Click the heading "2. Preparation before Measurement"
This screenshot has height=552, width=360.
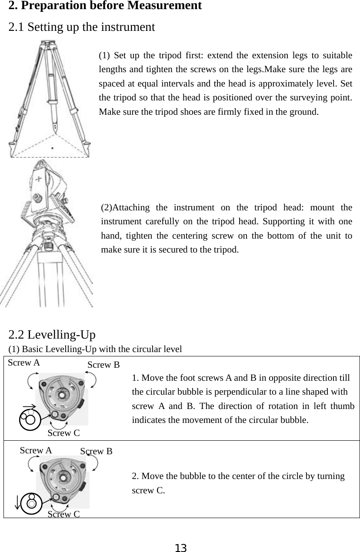tap(105, 6)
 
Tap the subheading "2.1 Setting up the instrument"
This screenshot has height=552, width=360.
tap(82, 27)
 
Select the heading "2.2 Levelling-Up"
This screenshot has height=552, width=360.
tap(52, 335)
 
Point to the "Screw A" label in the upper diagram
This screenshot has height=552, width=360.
tap(24, 362)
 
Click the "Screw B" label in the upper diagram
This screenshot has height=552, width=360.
tap(103, 365)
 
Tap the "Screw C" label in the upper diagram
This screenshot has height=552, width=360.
tap(63, 433)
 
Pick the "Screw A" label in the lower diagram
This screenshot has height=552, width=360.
tap(36, 451)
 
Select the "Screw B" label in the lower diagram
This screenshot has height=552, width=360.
tap(97, 452)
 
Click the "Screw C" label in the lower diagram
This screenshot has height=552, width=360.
tap(63, 515)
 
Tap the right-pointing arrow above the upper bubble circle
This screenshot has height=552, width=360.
tap(29, 407)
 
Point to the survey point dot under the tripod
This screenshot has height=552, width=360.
tap(53, 148)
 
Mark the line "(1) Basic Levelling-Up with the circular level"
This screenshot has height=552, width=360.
tap(95, 349)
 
